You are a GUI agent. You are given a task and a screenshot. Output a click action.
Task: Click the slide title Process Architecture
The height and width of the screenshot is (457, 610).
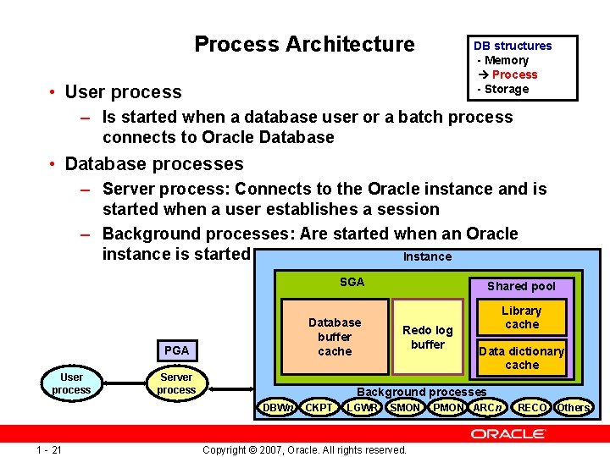[x=304, y=44]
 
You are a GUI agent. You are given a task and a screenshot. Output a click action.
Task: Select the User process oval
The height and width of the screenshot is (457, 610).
[x=71, y=383]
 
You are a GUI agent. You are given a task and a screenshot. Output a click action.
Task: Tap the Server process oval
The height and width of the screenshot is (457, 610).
[x=176, y=383]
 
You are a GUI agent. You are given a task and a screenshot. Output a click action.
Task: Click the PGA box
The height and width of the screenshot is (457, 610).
[x=176, y=350]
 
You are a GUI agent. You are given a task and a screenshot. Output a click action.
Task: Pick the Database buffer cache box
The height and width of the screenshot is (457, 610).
[x=334, y=337]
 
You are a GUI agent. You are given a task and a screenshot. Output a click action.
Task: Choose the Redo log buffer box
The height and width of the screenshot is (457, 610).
[x=428, y=337]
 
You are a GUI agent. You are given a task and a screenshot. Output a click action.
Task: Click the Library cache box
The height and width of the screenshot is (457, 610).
[x=521, y=317]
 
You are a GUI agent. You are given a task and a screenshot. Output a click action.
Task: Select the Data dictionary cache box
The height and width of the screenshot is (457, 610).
[x=521, y=358]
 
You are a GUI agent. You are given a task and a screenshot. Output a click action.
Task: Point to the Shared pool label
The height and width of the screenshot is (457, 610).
[x=521, y=286]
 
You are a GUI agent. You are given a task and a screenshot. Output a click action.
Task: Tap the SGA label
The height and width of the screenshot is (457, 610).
[x=352, y=282]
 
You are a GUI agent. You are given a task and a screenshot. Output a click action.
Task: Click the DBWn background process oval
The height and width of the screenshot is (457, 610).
[x=278, y=408]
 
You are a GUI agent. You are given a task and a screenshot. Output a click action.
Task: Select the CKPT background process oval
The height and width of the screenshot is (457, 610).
[x=319, y=408]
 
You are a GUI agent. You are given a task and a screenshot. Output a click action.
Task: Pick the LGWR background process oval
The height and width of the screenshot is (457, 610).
[x=362, y=408]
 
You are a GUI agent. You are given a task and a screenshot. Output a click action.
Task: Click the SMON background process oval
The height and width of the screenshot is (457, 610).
[x=405, y=408]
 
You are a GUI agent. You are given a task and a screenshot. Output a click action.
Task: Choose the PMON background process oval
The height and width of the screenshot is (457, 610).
[x=448, y=408]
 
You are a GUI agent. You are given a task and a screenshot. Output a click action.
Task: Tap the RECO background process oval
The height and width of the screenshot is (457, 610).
[x=532, y=408]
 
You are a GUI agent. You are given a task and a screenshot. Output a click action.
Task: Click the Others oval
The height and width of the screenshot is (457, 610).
[x=574, y=408]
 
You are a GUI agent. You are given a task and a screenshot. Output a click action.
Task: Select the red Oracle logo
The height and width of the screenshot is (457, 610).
[x=508, y=434]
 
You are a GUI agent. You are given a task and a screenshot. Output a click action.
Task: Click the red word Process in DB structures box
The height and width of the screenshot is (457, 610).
[x=513, y=74]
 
